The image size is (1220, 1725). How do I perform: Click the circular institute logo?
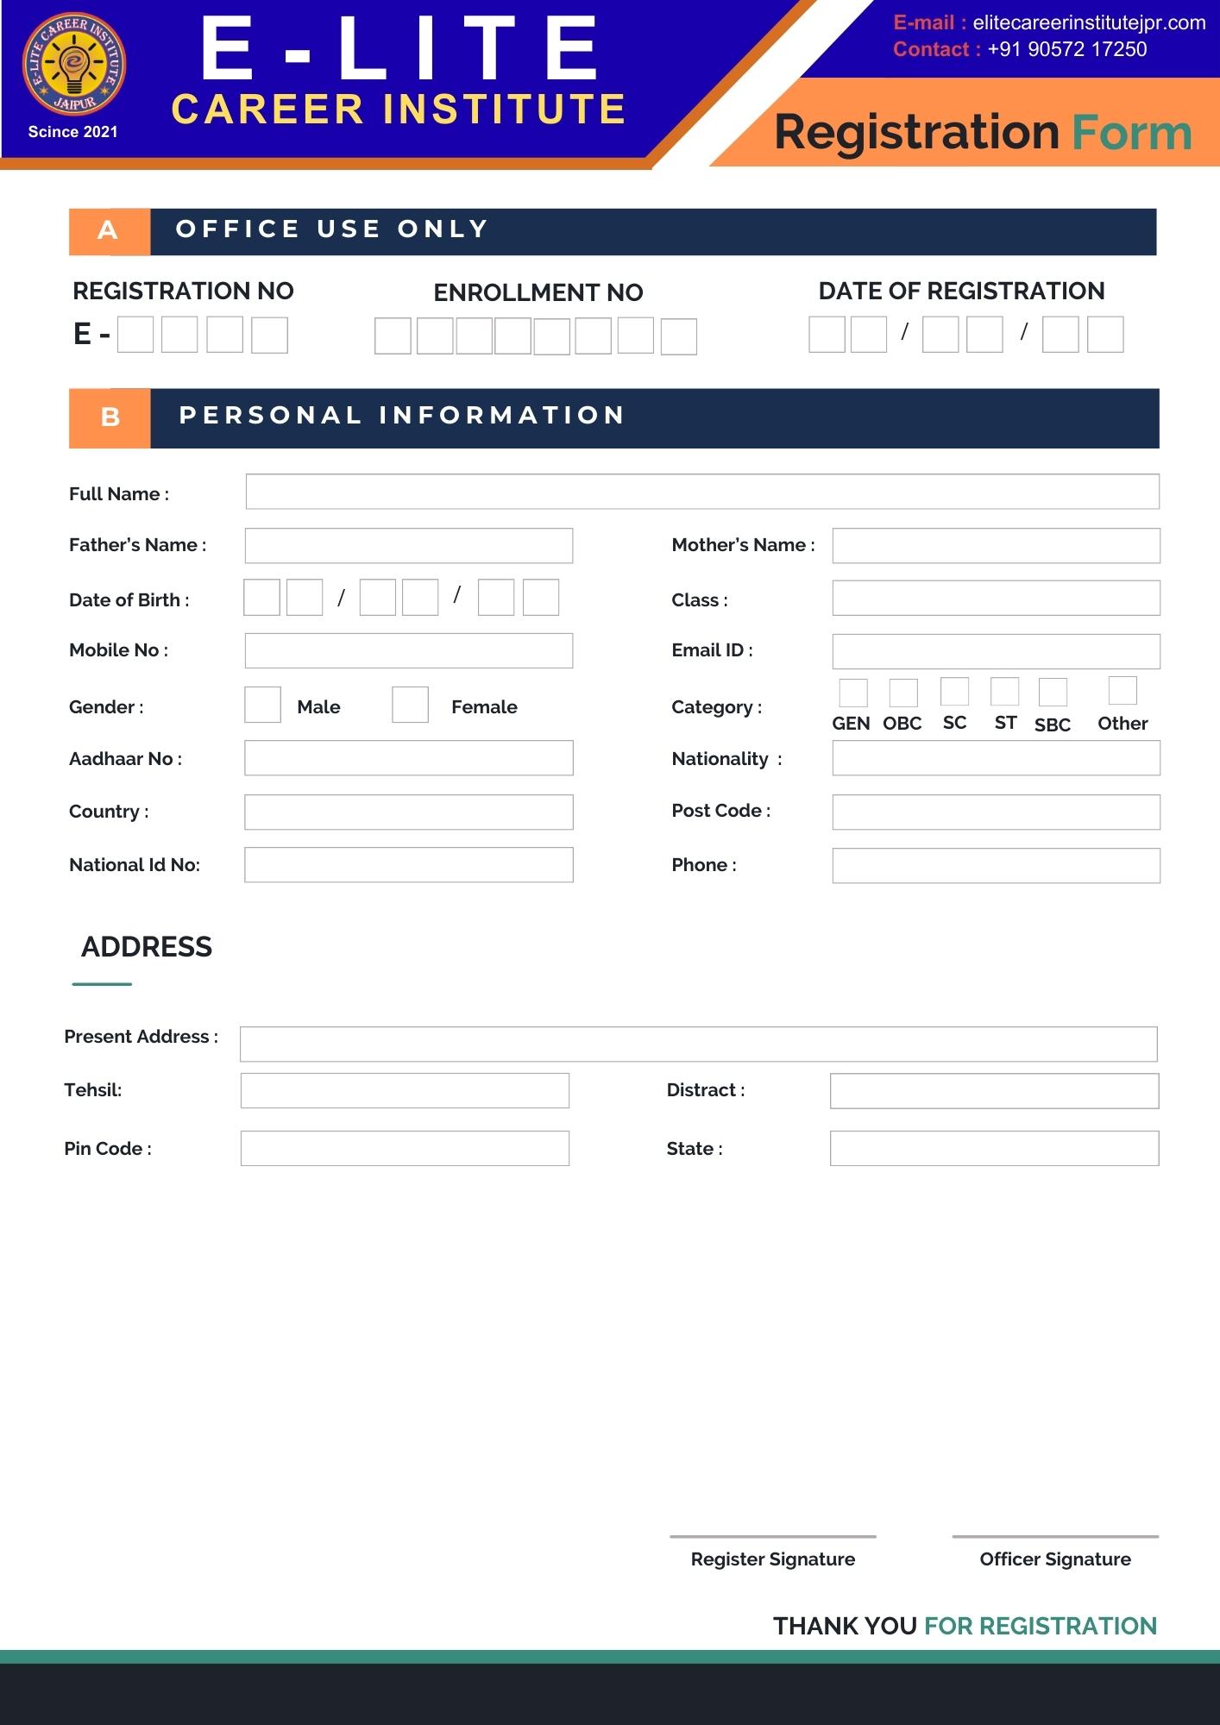pyautogui.click(x=73, y=66)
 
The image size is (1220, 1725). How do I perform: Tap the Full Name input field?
pyautogui.click(x=701, y=492)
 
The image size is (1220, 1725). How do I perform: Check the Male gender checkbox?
pyautogui.click(x=262, y=705)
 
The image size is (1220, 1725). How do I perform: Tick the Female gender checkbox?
pyautogui.click(x=410, y=705)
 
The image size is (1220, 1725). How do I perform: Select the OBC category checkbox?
pyautogui.click(x=903, y=692)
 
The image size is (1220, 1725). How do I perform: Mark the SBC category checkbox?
pyautogui.click(x=1053, y=692)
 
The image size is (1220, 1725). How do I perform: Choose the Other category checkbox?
pyautogui.click(x=1123, y=690)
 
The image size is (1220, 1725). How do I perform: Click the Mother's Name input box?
pyautogui.click(x=996, y=546)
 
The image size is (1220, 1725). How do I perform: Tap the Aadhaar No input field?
pyautogui.click(x=408, y=758)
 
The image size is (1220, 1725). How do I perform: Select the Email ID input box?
pyautogui.click(x=996, y=651)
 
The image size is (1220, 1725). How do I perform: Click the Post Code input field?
pyautogui.click(x=996, y=812)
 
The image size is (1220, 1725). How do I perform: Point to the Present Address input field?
pyautogui.click(x=698, y=1044)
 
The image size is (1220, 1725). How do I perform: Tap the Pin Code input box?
pyautogui.click(x=405, y=1148)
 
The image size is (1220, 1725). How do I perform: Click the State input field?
pyautogui.click(x=994, y=1148)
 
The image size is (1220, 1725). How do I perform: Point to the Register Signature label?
pyautogui.click(x=773, y=1559)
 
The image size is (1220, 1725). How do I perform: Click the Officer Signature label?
pyautogui.click(x=1055, y=1559)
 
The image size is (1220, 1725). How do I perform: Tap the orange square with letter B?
pyautogui.click(x=110, y=417)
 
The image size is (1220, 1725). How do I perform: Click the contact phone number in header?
pyautogui.click(x=1066, y=49)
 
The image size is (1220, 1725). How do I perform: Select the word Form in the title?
pyautogui.click(x=1131, y=133)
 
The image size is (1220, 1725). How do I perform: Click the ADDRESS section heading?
pyautogui.click(x=147, y=947)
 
